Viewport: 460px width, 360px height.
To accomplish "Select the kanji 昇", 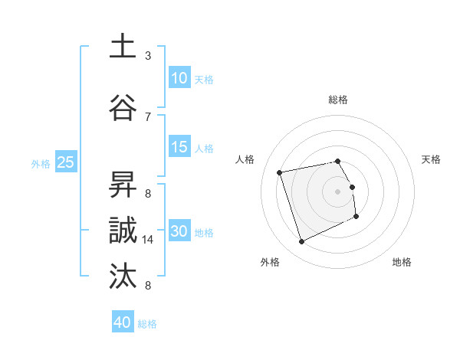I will click(x=123, y=186).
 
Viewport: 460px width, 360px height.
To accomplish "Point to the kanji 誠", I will click(x=123, y=231).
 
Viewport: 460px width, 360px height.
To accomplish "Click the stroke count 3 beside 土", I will click(x=148, y=56).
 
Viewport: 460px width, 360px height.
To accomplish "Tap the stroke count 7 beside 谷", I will click(x=148, y=116).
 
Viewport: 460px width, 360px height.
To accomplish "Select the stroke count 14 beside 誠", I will click(x=149, y=240).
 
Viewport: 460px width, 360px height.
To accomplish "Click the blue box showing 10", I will click(x=179, y=78).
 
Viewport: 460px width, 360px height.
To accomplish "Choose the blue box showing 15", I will click(x=179, y=147).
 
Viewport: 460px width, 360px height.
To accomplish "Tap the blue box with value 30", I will click(x=179, y=231).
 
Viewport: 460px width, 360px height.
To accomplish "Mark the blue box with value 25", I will click(x=65, y=162).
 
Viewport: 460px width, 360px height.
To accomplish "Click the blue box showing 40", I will click(x=122, y=322).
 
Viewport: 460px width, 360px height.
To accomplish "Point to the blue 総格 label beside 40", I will click(x=147, y=324).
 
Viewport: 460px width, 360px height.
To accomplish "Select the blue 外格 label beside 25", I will click(x=41, y=163).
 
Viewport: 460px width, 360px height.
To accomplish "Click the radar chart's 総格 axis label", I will click(x=338, y=100).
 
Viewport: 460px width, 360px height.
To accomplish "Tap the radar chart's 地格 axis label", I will click(x=402, y=262).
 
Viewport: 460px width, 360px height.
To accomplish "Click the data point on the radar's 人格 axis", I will click(x=280, y=172).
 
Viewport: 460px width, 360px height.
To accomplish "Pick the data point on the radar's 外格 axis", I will click(x=301, y=242).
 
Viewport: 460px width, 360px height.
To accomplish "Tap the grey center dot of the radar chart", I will click(x=338, y=191).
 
